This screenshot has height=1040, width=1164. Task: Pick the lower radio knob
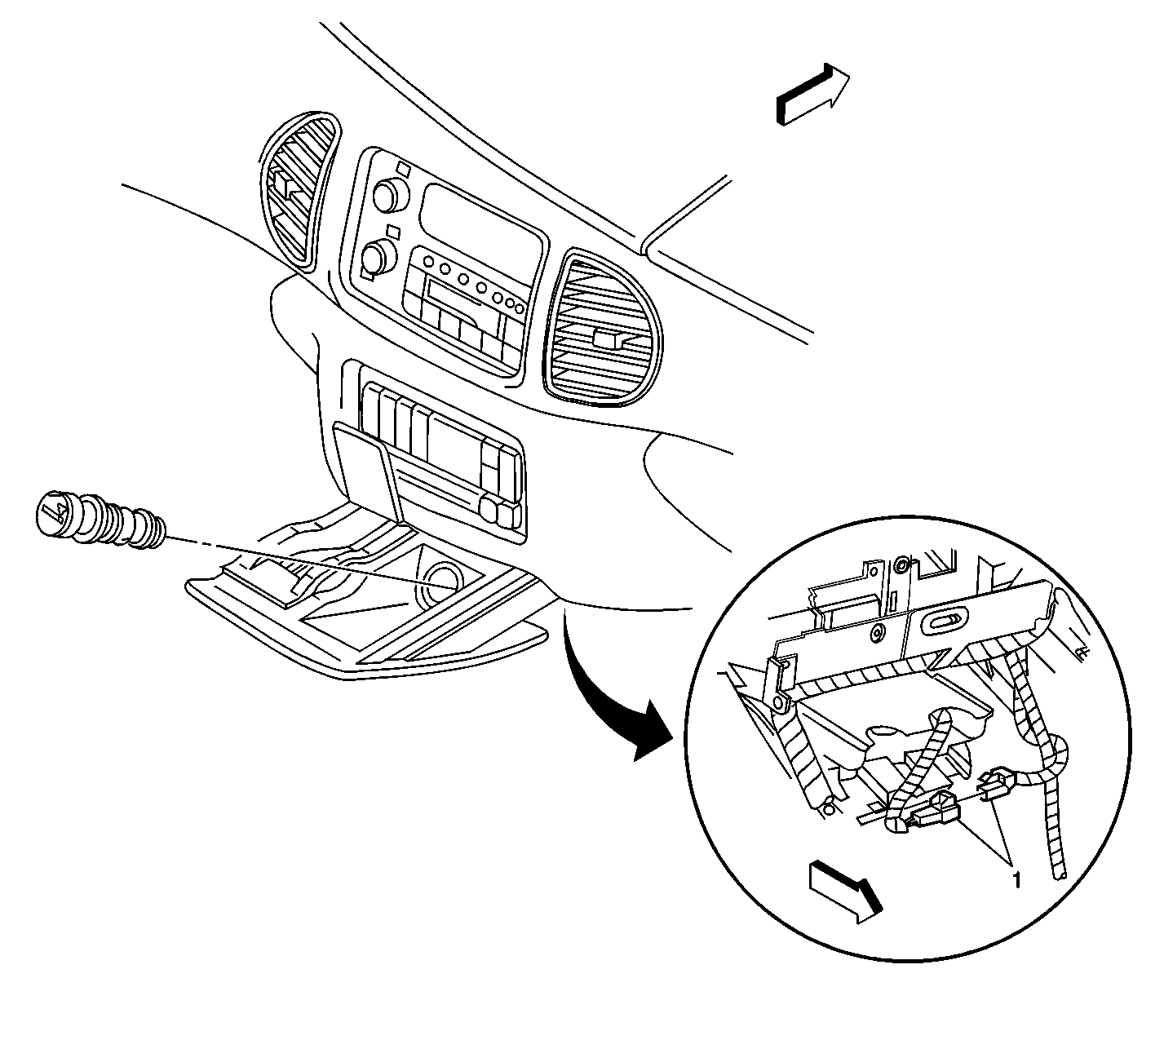tap(376, 258)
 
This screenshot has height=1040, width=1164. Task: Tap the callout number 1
tap(1015, 879)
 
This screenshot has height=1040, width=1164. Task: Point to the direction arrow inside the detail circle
tap(845, 892)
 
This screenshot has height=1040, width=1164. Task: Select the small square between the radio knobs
tap(394, 229)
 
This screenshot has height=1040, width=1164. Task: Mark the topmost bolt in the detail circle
tap(902, 564)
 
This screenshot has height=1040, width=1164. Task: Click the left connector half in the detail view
tap(936, 810)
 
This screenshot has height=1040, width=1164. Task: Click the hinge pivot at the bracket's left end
tap(779, 701)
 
